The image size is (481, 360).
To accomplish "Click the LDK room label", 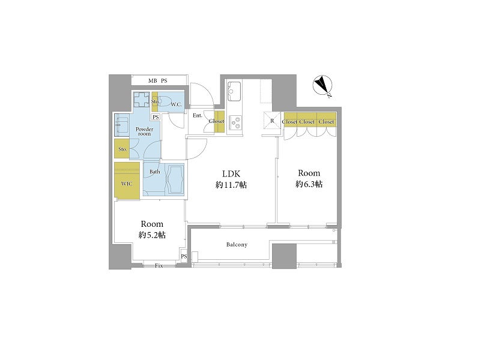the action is [231, 174].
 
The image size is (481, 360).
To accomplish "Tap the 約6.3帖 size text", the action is [309, 184].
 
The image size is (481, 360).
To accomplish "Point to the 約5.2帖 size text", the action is [152, 235].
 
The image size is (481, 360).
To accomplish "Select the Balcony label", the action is [237, 244].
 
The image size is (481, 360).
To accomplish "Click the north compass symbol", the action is [322, 85].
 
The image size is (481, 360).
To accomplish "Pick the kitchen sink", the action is [234, 91].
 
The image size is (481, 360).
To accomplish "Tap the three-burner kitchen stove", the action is [235, 122].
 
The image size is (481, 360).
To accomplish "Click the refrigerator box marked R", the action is [272, 121].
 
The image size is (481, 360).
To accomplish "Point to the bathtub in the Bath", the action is [175, 179].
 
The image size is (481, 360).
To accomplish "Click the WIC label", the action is [127, 184].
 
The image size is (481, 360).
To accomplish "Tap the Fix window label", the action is [159, 266].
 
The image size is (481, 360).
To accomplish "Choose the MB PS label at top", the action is [158, 81].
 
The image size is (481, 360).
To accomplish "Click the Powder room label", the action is [145, 131].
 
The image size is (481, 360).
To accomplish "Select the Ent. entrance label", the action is [198, 116].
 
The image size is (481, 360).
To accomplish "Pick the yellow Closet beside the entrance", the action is [219, 121].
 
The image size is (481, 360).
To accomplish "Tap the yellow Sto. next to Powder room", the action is [122, 149].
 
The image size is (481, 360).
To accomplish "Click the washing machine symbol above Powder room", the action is [141, 100].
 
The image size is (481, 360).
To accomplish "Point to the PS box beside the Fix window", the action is [184, 256].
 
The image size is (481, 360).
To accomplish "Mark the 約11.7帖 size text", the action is [231, 185].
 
